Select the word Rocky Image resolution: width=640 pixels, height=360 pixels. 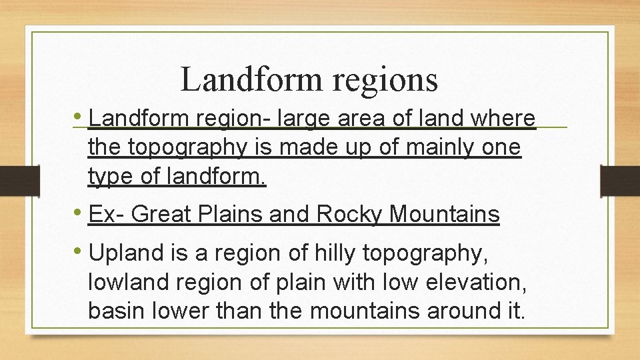tap(349, 215)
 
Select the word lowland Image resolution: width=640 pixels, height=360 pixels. tap(128, 282)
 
